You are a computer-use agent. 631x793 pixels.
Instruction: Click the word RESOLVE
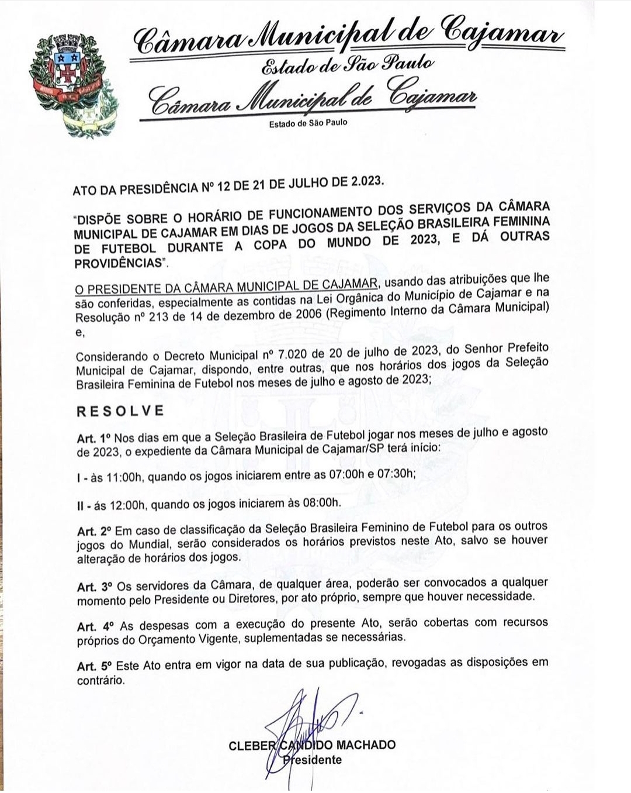pyautogui.click(x=120, y=411)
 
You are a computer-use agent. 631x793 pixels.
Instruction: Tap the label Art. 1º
pyautogui.click(x=93, y=438)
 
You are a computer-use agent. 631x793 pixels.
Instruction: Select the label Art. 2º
pyautogui.click(x=93, y=532)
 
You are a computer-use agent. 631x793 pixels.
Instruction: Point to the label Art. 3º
pyautogui.click(x=93, y=586)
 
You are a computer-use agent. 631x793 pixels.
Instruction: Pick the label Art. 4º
pyautogui.click(x=93, y=626)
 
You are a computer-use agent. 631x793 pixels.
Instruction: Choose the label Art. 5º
pyautogui.click(x=93, y=667)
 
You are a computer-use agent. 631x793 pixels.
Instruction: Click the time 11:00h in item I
pyautogui.click(x=124, y=477)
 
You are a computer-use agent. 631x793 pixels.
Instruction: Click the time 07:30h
pyautogui.click(x=396, y=474)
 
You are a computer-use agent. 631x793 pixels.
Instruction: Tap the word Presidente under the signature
pyautogui.click(x=313, y=760)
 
